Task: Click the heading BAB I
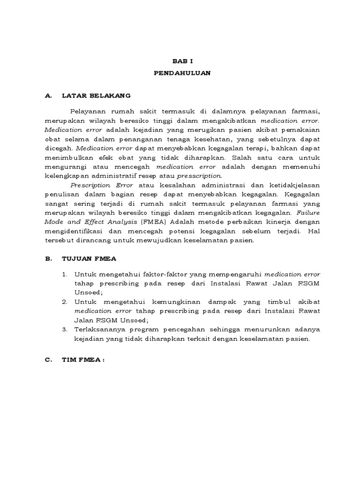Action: pyautogui.click(x=180, y=61)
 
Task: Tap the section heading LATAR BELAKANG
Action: pyautogui.click(x=96, y=96)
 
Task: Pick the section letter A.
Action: pyautogui.click(x=47, y=96)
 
